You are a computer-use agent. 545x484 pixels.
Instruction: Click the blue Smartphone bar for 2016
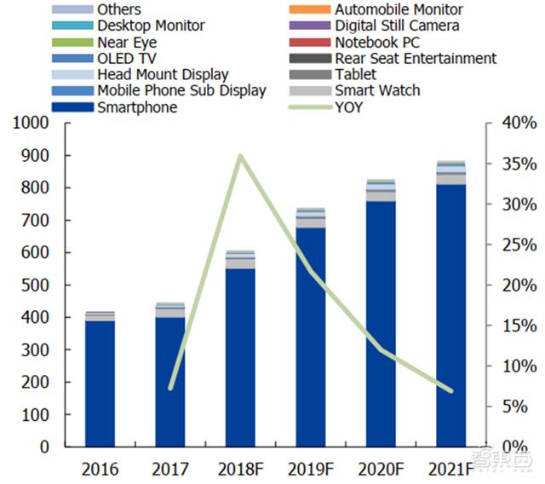[100, 383]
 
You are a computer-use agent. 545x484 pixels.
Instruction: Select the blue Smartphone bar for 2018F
[240, 358]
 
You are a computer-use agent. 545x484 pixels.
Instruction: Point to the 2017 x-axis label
[170, 469]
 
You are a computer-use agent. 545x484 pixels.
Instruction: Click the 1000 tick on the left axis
[32, 124]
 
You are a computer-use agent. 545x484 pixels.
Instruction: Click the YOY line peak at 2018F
[240, 156]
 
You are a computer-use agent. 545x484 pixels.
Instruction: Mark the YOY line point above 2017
[170, 388]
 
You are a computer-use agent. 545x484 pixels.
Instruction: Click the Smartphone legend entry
[137, 107]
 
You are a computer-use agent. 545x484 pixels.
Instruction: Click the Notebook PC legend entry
[377, 43]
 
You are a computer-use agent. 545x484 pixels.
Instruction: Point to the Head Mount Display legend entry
[163, 75]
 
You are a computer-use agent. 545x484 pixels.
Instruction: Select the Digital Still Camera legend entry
[397, 26]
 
